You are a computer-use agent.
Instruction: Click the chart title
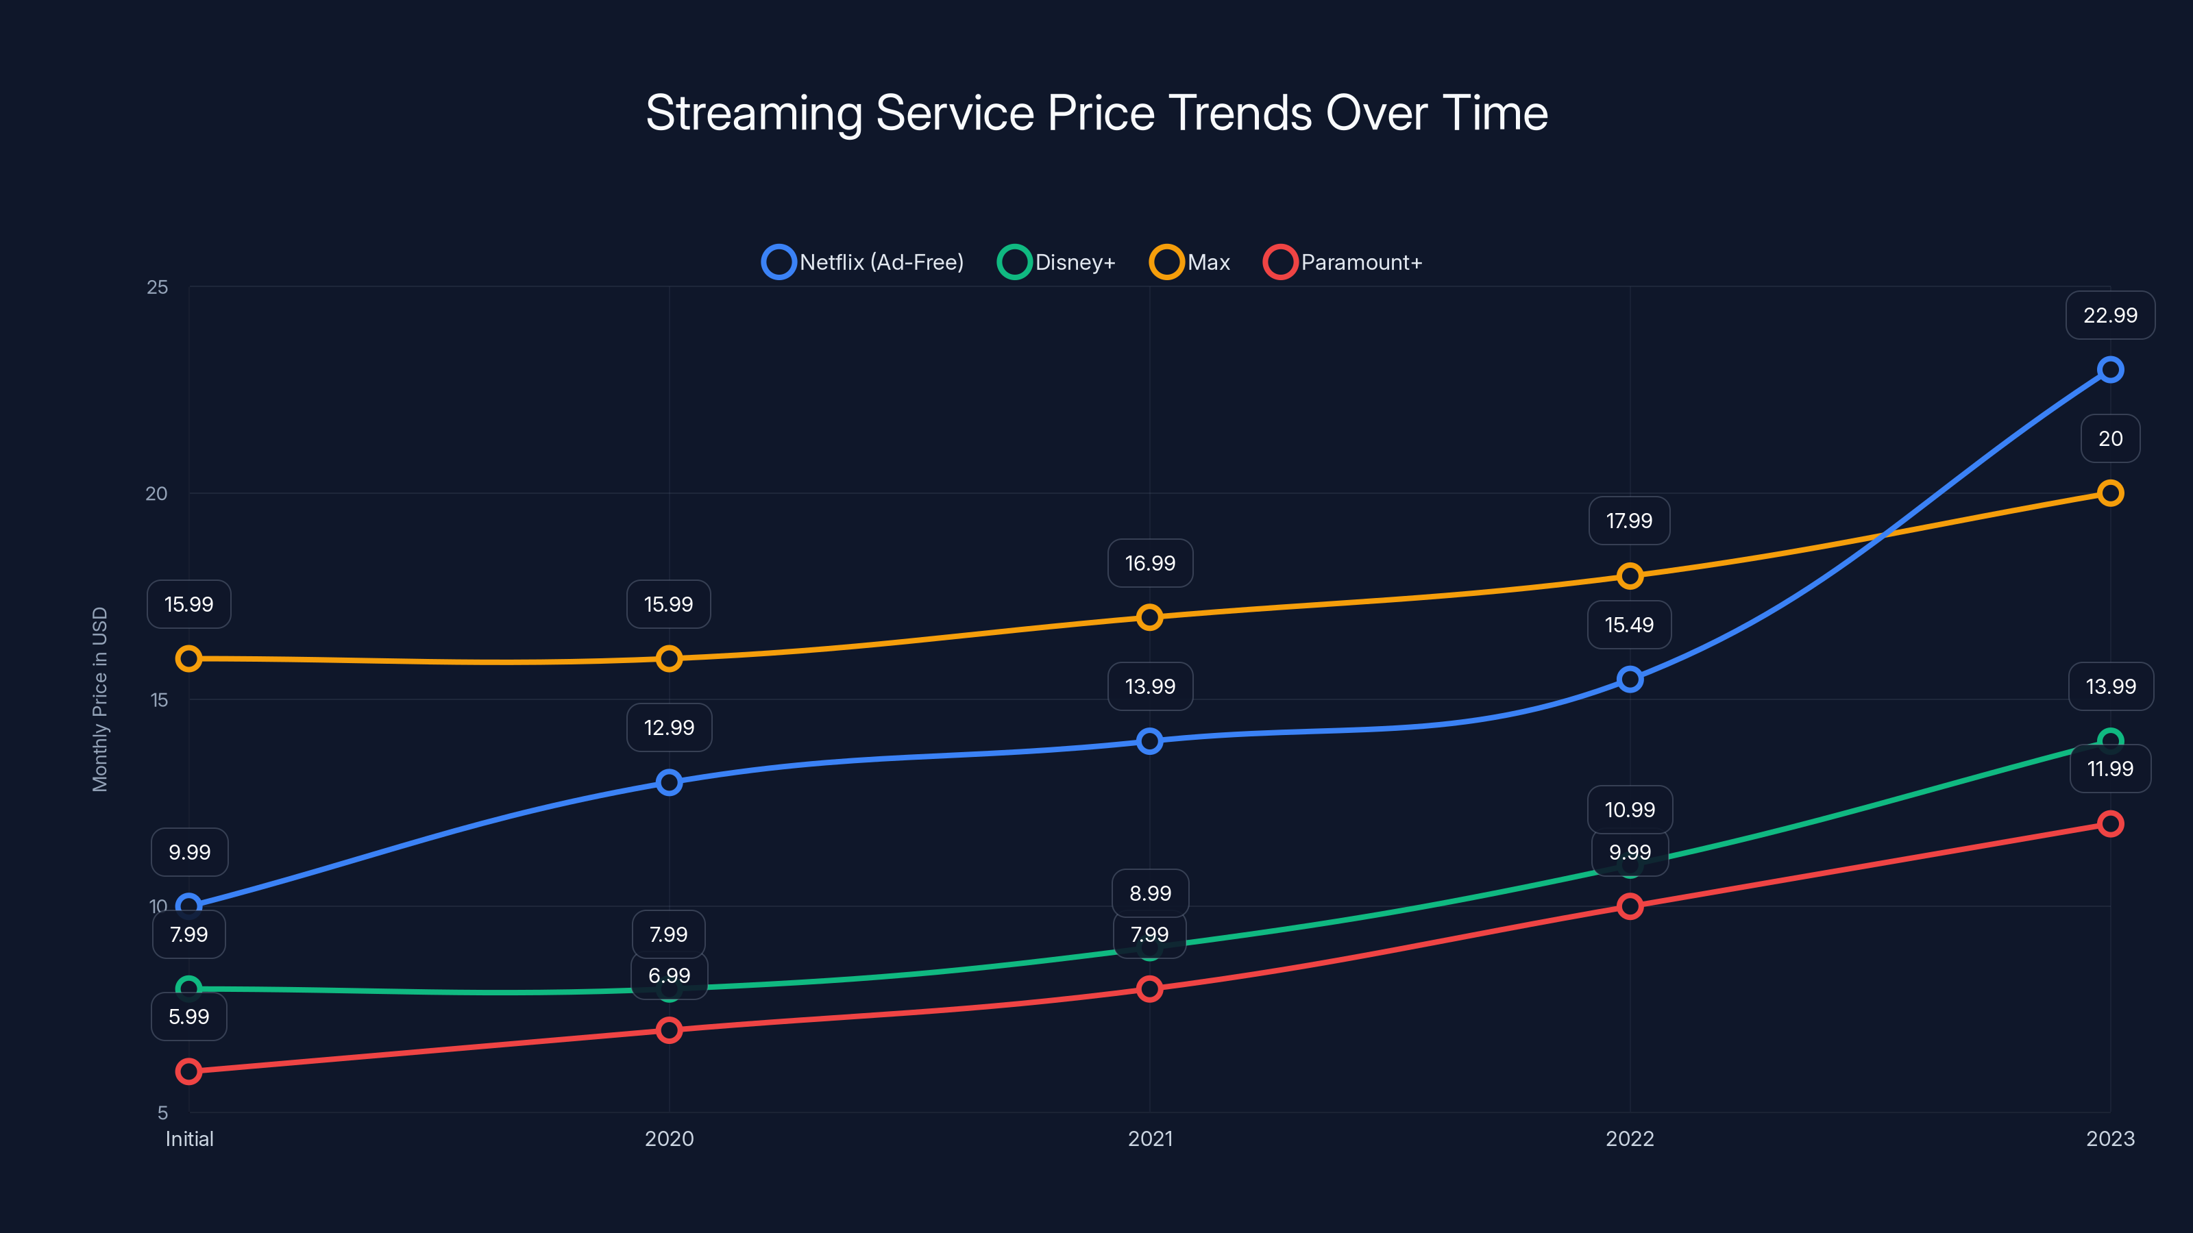1096,113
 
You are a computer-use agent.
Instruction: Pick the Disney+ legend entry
1057,262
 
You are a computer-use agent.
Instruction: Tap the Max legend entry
1190,262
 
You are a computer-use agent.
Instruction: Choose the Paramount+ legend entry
1343,262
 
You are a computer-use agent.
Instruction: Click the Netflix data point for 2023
2109,369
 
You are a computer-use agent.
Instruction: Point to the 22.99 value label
2109,316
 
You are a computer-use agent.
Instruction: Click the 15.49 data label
1628,625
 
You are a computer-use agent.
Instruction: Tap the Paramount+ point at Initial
189,1071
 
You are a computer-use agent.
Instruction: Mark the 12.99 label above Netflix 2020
669,727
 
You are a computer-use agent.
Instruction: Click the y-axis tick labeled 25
158,288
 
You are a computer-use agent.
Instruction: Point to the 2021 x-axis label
1149,1138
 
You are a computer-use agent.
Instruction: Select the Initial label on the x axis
189,1138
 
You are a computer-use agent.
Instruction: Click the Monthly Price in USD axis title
101,699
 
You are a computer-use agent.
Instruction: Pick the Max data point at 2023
2109,493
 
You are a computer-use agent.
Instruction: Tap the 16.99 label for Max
1149,563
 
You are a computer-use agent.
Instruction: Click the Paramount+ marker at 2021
1149,988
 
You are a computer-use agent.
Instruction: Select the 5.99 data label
189,1017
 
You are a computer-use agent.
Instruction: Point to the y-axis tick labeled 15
159,700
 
